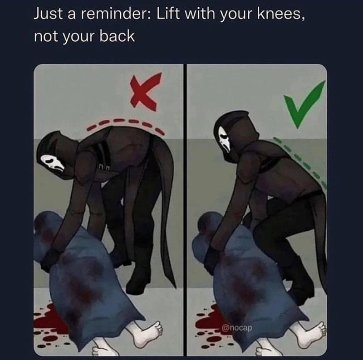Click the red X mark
click(x=144, y=93)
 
